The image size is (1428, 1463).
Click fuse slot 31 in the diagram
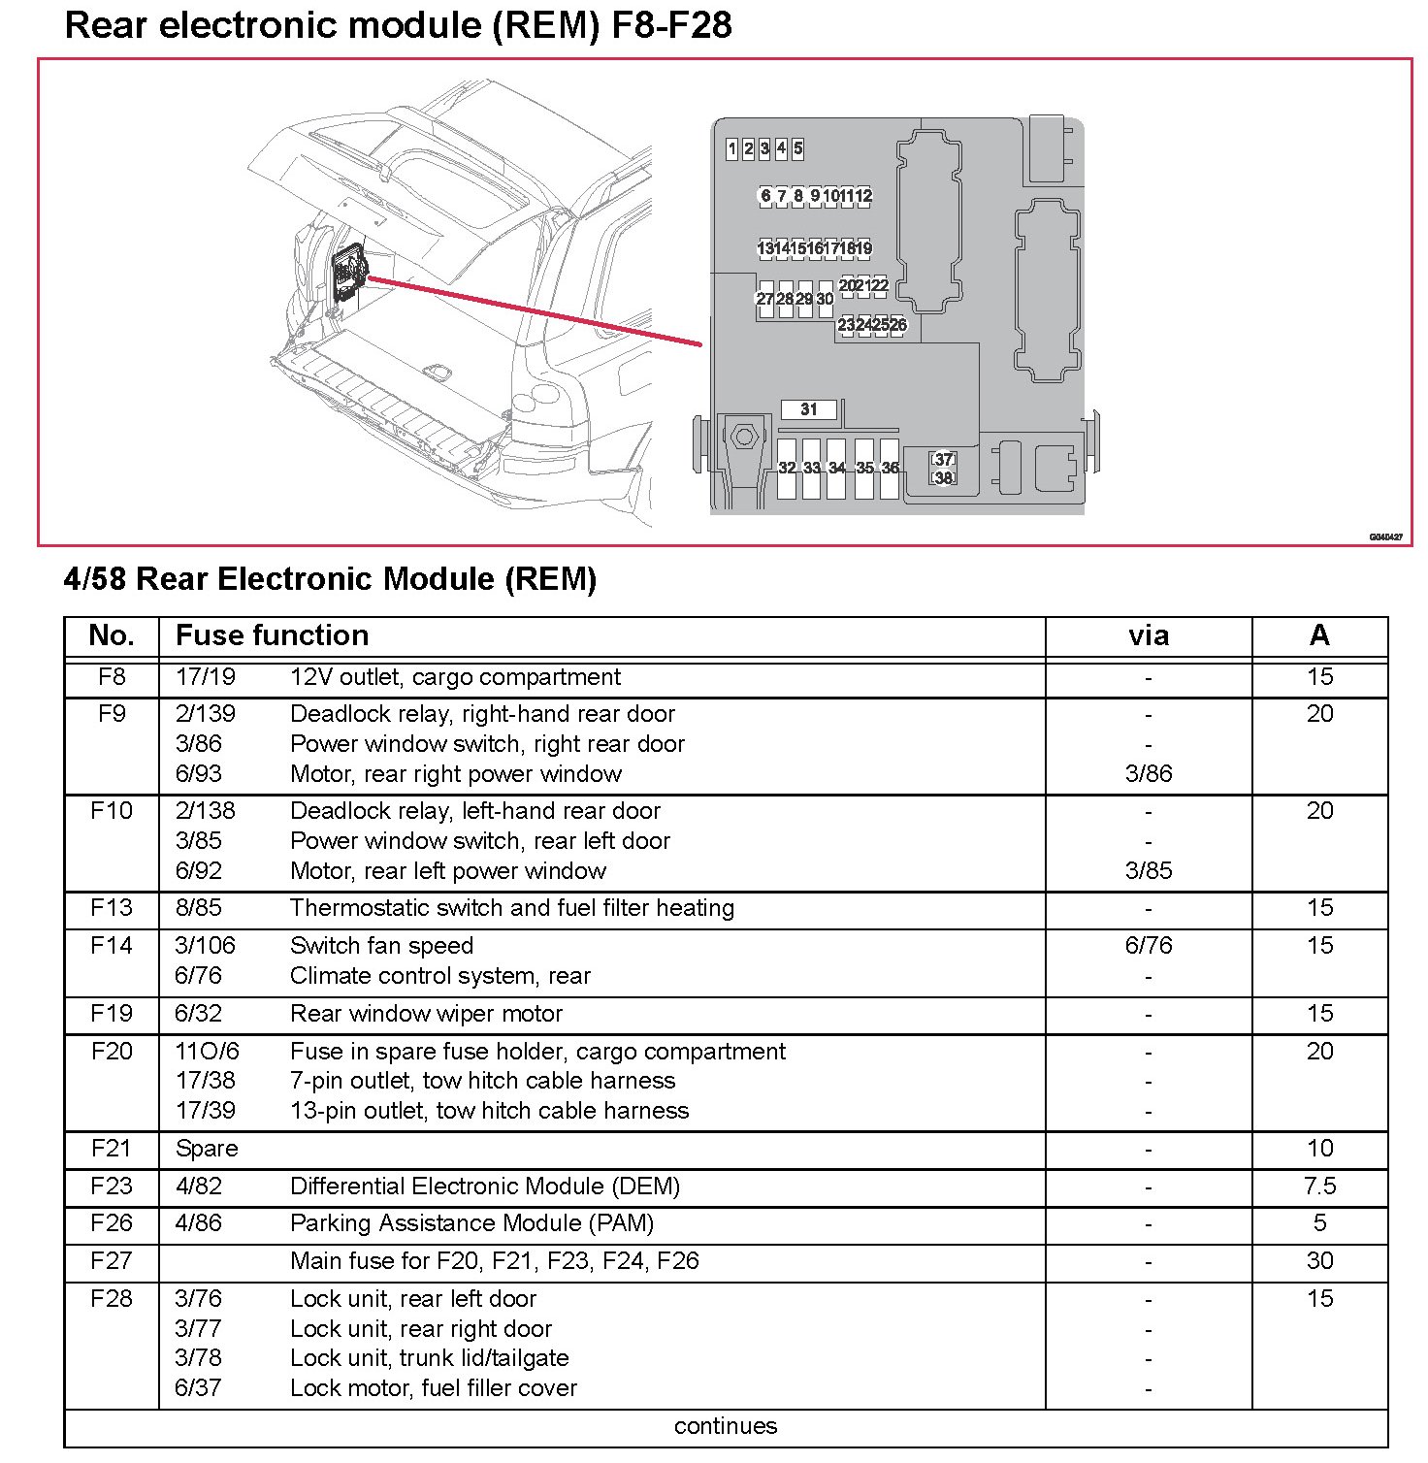[x=809, y=410]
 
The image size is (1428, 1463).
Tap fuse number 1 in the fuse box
[x=731, y=148]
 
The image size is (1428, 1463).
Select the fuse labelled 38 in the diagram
[x=943, y=477]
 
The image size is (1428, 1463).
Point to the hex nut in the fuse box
[x=744, y=437]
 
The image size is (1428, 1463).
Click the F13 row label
[x=112, y=908]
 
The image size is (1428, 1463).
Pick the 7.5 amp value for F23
[x=1319, y=1187]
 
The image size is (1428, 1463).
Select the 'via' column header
[x=1149, y=636]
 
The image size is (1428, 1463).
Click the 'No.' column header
[x=112, y=636]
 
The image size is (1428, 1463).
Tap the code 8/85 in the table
[x=199, y=908]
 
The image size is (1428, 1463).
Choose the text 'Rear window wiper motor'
[x=426, y=1014]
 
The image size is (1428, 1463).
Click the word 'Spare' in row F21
[x=207, y=1149]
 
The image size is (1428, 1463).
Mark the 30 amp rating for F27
[x=1319, y=1261]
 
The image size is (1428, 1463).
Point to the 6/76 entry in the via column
[x=1149, y=946]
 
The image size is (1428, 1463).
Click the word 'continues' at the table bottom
[x=726, y=1426]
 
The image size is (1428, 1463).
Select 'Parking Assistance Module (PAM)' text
[x=471, y=1223]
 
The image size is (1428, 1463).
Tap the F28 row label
[x=112, y=1299]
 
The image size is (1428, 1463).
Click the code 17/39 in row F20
[x=206, y=1111]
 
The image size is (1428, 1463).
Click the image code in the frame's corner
[x=1385, y=536]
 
